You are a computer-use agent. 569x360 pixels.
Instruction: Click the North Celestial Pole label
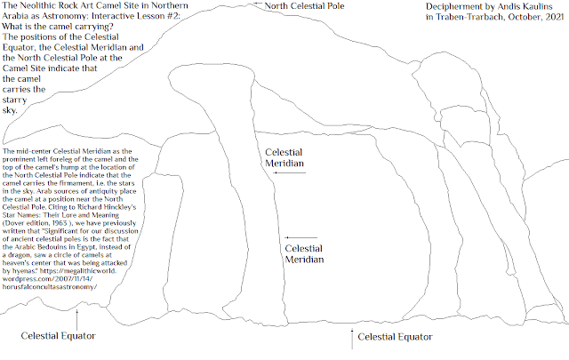(x=304, y=6)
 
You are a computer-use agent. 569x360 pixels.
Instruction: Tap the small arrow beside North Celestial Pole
(x=258, y=4)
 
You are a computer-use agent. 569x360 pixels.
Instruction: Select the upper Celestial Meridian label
(x=284, y=158)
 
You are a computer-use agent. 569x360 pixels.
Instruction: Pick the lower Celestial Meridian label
(x=304, y=254)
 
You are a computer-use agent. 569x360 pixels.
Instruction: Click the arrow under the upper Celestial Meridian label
(x=290, y=172)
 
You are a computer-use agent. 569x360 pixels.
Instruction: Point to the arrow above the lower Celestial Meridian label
(x=301, y=237)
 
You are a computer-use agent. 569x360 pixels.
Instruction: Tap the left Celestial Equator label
(x=58, y=336)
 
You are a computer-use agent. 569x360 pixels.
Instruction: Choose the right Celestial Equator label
(x=395, y=337)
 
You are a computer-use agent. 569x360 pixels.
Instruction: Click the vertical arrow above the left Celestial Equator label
(x=76, y=319)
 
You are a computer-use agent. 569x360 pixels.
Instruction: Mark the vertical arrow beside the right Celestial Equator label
(x=352, y=340)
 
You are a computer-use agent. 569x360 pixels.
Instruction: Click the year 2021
(x=555, y=17)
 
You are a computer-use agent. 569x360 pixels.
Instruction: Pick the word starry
(x=14, y=100)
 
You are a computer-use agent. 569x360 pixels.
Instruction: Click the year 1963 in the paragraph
(x=60, y=223)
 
